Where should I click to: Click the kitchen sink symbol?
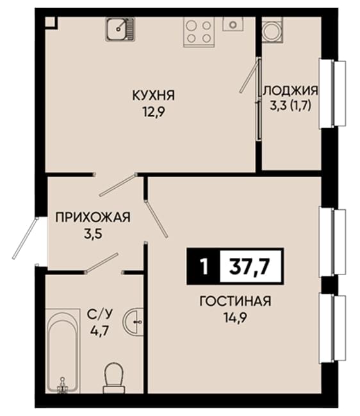point(120,29)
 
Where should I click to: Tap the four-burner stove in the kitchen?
point(198,32)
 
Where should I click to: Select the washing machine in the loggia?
point(272,29)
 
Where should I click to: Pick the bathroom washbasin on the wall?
point(133,321)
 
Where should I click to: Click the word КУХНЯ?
point(154,95)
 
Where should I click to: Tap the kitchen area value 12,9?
point(154,113)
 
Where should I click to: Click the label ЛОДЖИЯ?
point(290,90)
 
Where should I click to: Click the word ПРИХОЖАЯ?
point(93,218)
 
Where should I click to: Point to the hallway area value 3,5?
point(93,234)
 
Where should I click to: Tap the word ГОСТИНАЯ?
point(235,301)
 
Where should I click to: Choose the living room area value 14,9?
point(235,318)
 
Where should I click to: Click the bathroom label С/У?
point(100,314)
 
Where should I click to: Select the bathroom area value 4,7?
point(100,332)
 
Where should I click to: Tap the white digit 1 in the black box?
point(204,267)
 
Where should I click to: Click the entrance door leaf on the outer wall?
point(25,238)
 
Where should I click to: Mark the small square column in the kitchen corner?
point(51,22)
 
